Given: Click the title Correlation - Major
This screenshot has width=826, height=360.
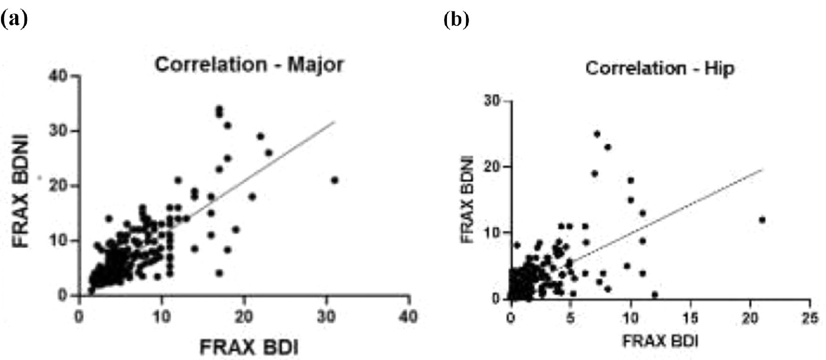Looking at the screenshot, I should tap(249, 65).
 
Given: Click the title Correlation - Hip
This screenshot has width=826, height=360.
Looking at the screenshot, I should tap(660, 69).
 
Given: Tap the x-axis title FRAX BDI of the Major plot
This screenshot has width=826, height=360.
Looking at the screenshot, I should tap(249, 348).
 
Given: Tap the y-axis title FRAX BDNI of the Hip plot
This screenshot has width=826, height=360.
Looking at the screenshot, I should tap(467, 201).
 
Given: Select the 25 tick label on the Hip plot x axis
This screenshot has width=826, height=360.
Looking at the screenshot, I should tap(810, 318).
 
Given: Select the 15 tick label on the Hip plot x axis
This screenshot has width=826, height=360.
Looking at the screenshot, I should tap(691, 318).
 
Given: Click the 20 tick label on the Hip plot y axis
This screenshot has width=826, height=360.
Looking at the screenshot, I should tap(492, 167).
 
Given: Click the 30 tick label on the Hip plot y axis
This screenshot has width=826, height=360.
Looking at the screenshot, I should tap(492, 101).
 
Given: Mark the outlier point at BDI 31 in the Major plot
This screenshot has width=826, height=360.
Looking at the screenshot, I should tap(335, 180).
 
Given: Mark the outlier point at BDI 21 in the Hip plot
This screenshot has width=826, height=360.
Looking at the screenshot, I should tap(762, 220).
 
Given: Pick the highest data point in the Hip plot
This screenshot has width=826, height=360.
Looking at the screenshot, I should tap(597, 134).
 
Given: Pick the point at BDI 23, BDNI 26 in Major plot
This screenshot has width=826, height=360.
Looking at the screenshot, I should tap(269, 152).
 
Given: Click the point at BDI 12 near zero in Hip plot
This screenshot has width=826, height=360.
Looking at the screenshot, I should tap(655, 294).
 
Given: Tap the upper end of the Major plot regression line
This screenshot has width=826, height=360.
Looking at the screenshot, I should tap(334, 122).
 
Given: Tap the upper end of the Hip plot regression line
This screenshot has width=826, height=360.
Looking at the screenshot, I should tap(762, 169).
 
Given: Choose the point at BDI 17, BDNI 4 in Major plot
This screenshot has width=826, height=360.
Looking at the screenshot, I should tap(219, 273).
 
